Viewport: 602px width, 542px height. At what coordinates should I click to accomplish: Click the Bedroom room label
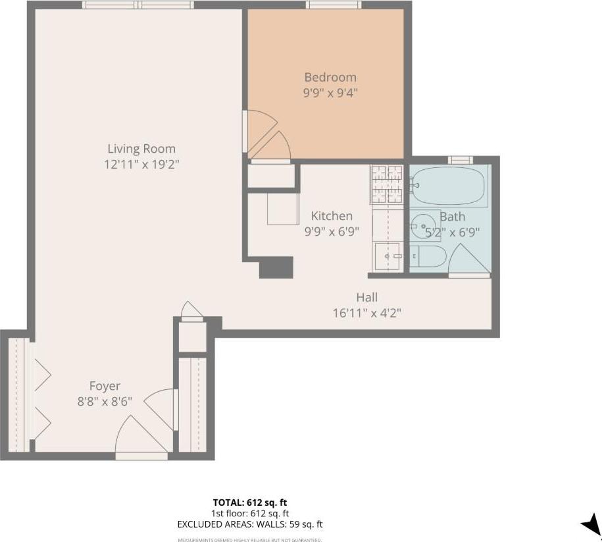(x=330, y=77)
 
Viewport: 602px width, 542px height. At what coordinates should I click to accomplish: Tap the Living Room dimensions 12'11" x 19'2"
(x=141, y=164)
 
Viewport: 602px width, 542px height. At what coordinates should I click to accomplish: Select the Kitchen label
(x=332, y=215)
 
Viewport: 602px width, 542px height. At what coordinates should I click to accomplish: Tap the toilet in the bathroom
(x=428, y=256)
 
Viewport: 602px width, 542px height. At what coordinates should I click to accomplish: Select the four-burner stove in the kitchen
(x=387, y=184)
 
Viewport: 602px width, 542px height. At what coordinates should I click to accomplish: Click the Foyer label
(x=105, y=386)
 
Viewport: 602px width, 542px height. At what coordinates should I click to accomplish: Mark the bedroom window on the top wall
(x=334, y=5)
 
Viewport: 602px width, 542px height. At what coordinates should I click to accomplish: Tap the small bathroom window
(x=461, y=159)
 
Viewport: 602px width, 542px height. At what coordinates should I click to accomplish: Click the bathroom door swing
(x=468, y=260)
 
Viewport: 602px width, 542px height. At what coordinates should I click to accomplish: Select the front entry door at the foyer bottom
(x=141, y=455)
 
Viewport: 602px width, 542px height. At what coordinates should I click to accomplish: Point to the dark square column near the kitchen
(x=276, y=267)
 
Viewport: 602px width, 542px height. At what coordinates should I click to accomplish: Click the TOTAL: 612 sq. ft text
(x=250, y=502)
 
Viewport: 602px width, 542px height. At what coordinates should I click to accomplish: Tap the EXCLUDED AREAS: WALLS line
(x=250, y=525)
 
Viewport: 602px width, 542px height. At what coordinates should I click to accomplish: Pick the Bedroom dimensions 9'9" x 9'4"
(x=330, y=93)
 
